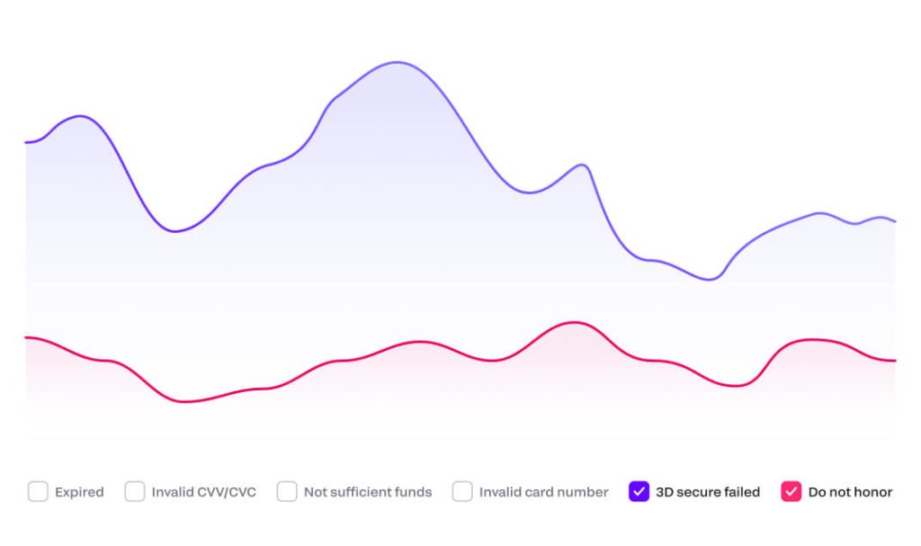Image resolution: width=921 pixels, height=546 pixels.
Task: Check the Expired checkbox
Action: point(38,492)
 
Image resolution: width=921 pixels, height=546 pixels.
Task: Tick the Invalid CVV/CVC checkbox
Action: point(135,492)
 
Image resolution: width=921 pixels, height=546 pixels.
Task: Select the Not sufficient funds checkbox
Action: point(287,492)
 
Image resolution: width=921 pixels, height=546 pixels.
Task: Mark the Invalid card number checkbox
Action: point(462,492)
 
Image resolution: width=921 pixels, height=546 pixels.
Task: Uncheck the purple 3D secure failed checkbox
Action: point(639,492)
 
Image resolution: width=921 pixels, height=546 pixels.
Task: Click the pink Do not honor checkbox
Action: point(791,492)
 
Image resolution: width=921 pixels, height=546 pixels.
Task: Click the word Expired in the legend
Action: point(79,492)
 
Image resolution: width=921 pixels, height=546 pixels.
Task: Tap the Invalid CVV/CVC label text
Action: point(203,492)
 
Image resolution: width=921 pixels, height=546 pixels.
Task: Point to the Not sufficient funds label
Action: point(368,492)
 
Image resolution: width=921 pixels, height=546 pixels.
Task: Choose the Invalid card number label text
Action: point(543,492)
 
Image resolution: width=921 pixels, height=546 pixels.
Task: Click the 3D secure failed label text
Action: point(708,492)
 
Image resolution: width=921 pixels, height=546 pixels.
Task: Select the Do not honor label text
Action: point(850,492)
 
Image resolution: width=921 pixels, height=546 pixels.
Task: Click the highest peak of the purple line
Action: point(396,62)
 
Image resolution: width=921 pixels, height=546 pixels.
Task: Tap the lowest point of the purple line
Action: point(710,280)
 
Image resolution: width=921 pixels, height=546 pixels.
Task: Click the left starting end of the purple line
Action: point(26,142)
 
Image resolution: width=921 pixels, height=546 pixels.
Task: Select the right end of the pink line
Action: point(895,361)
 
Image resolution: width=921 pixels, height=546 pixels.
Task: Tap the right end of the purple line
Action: point(895,221)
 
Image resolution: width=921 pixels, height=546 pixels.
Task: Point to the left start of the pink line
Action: point(26,337)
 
